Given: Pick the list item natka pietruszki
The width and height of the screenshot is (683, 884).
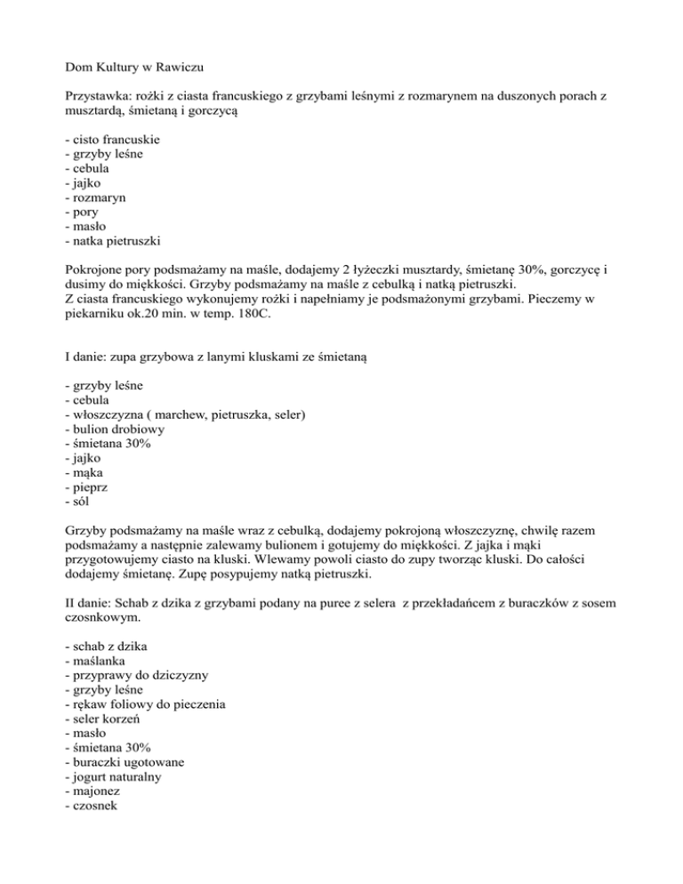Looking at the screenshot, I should (x=117, y=240).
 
